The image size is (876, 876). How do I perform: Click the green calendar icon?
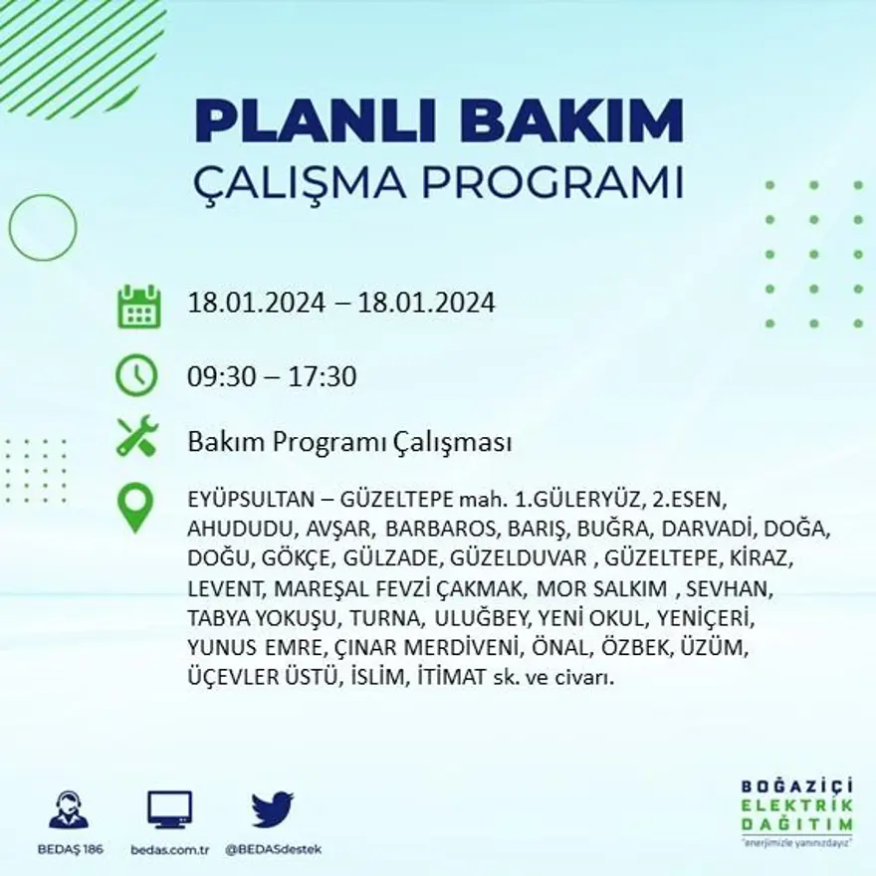coord(138,307)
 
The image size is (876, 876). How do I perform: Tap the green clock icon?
coord(137,376)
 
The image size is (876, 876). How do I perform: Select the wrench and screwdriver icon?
coord(137,437)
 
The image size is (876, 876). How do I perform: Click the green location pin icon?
coord(135,507)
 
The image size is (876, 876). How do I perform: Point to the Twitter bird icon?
coord(272,809)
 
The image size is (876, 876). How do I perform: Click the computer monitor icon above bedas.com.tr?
coord(170,809)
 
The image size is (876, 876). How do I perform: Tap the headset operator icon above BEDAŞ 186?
coord(69,809)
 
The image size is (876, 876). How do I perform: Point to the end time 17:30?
coord(323,377)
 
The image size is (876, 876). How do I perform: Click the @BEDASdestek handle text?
coord(273,849)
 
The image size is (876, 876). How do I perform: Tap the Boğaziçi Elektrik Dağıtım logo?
coord(796,811)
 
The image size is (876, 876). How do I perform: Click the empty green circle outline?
coord(43,228)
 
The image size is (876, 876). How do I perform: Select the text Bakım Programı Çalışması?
coord(349,442)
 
